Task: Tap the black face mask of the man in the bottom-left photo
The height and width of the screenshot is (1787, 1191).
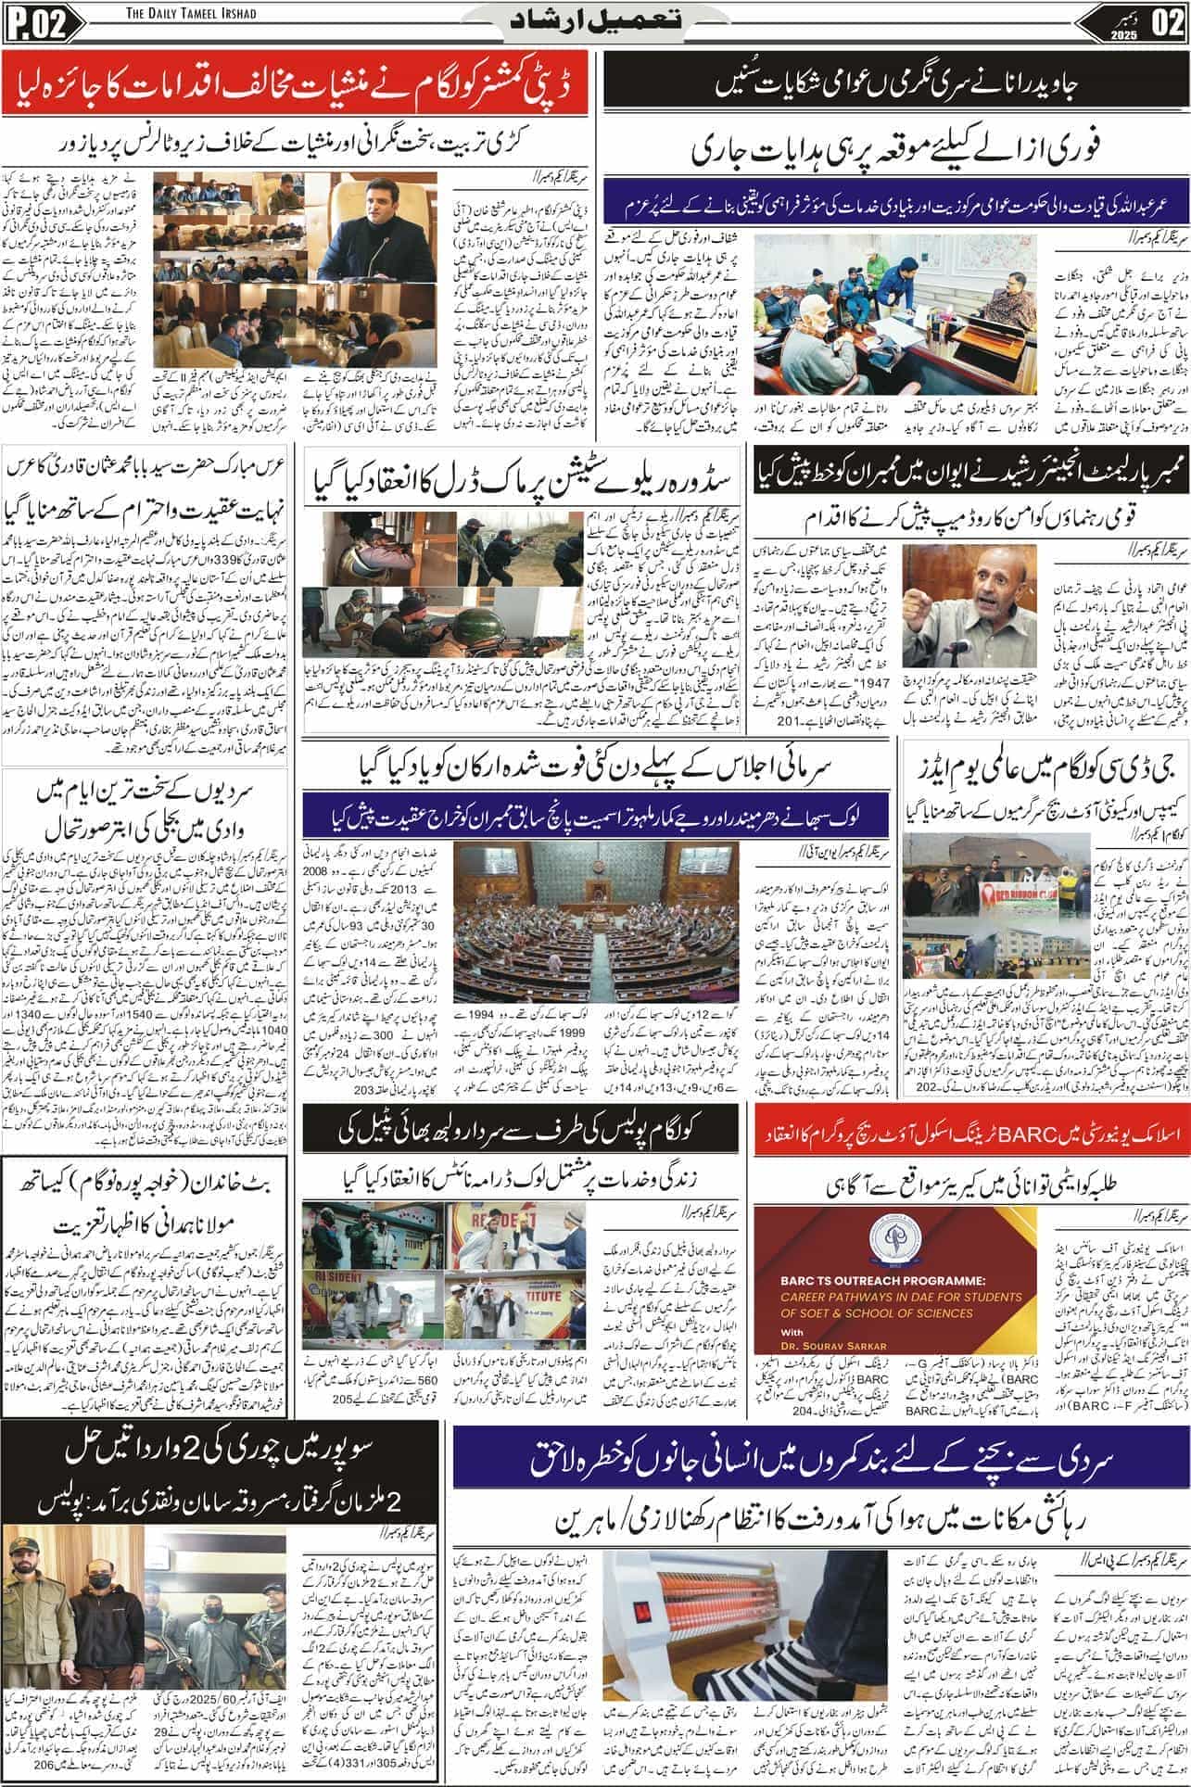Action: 98,1567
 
